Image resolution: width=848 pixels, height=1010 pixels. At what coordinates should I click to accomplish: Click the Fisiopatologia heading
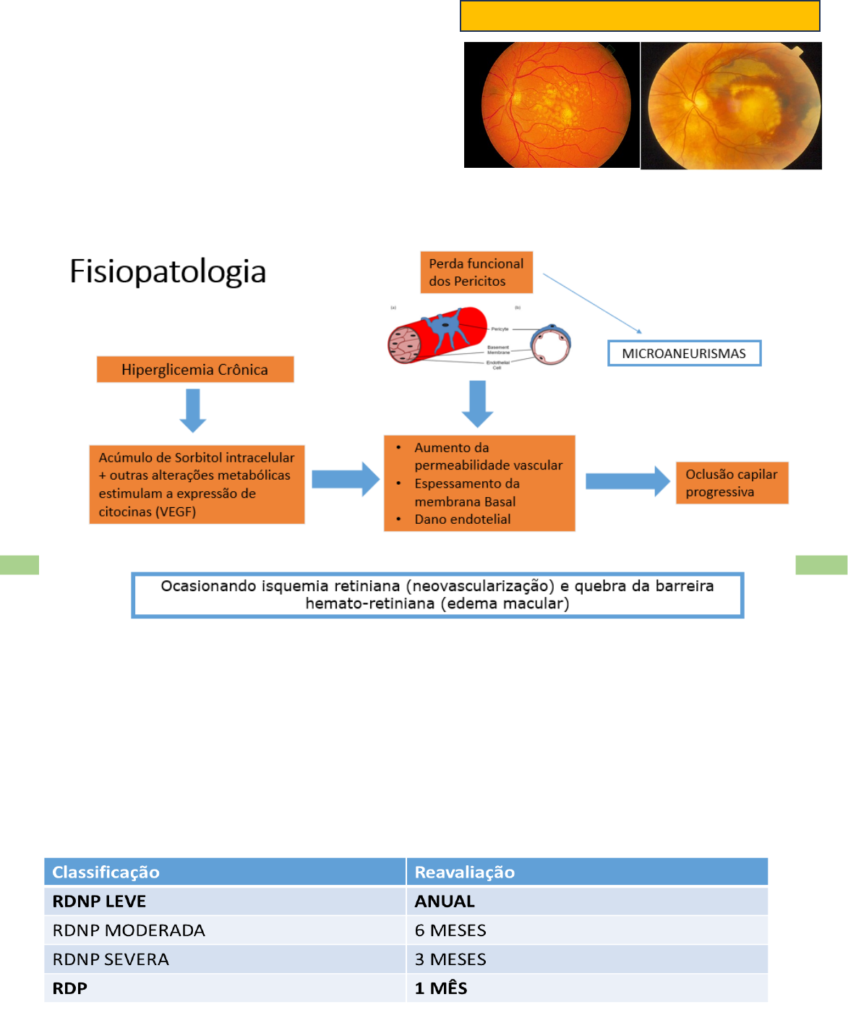coord(168,272)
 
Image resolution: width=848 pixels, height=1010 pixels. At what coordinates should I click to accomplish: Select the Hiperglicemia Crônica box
coord(195,370)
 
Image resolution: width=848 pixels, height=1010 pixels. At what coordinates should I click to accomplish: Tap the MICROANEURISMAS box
coord(684,354)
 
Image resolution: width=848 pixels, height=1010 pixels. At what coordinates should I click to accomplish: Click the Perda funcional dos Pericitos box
coord(476,273)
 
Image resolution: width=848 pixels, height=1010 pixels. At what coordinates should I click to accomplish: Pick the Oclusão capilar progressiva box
coord(732,483)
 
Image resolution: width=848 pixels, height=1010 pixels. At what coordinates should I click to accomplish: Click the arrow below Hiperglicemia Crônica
coord(193,410)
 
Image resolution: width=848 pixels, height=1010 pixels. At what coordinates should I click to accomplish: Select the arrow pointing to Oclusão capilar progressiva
coord(628,481)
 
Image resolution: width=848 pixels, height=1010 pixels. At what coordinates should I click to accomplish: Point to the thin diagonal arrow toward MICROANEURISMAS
coord(591,303)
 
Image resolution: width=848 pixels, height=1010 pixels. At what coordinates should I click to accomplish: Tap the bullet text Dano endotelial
coord(463,519)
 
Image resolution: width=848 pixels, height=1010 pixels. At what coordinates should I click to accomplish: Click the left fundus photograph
coord(552,105)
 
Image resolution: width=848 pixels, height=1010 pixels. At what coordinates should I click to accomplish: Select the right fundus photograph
coord(731,106)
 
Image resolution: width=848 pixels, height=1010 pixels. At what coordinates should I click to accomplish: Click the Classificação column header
coord(106,873)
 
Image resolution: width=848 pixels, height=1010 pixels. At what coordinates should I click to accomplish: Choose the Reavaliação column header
coord(465,873)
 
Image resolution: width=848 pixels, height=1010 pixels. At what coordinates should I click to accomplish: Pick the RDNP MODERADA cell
coord(129,930)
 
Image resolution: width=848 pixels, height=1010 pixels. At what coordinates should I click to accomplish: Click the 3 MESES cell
coord(450,959)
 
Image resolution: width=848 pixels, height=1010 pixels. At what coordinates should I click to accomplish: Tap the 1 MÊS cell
coord(441,988)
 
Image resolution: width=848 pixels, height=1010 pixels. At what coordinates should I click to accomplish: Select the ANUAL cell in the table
coord(445,901)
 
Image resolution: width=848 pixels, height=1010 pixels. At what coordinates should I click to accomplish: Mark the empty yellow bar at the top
coord(640,16)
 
